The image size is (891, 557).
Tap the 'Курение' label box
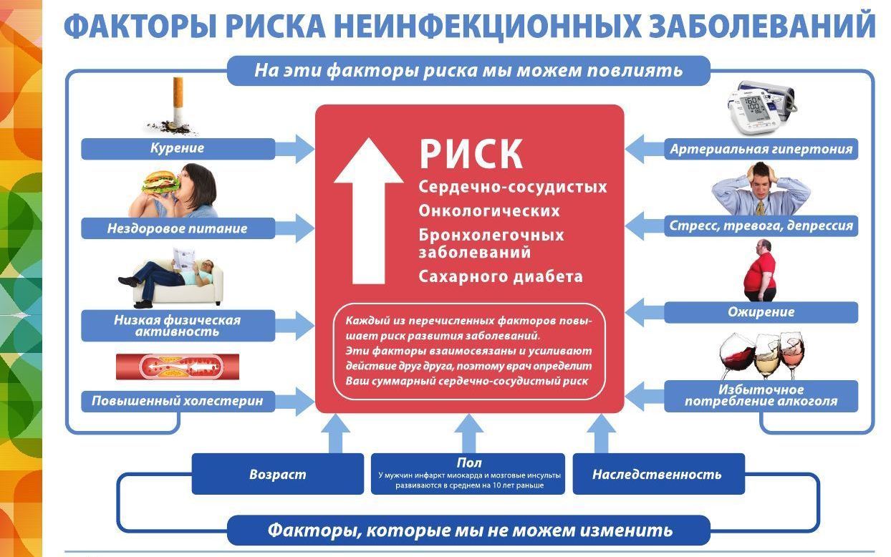tap(178, 149)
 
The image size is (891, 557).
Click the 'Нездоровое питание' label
tap(178, 228)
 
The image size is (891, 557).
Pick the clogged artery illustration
tap(178, 367)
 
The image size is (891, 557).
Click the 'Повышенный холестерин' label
tap(178, 401)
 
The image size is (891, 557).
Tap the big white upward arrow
tap(368, 210)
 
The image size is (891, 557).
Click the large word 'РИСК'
tap(471, 154)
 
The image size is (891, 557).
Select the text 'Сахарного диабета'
tap(501, 277)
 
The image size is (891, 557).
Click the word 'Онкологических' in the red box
tap(489, 211)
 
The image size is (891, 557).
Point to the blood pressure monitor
tap(761, 107)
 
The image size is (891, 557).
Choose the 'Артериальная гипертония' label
tap(761, 149)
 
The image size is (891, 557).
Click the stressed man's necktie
tap(761, 207)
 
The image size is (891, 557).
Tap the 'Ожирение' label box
tap(761, 312)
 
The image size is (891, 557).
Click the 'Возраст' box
tap(278, 474)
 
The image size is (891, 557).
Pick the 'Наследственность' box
tap(659, 474)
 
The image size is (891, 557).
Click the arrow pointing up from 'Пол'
tap(468, 433)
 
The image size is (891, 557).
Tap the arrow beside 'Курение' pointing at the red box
tap(294, 149)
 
